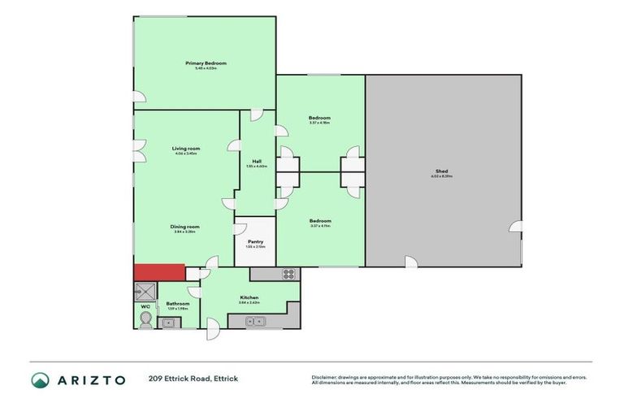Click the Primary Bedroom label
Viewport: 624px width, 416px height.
click(205, 63)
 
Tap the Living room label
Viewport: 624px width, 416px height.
click(185, 149)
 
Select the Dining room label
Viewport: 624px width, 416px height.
click(185, 227)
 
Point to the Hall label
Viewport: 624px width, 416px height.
click(256, 161)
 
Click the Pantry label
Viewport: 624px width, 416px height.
click(254, 241)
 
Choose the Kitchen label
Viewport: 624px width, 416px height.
click(249, 297)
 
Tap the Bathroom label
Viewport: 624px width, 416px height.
click(178, 303)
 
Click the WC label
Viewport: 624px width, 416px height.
click(145, 306)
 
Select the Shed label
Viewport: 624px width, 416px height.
click(442, 171)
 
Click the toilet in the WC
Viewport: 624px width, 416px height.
click(145, 320)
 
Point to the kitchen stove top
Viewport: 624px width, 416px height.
click(288, 274)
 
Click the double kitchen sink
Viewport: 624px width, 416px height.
click(257, 322)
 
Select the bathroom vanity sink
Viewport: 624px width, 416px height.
click(168, 323)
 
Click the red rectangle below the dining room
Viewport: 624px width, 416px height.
click(159, 274)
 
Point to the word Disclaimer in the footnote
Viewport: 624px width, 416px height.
click(324, 377)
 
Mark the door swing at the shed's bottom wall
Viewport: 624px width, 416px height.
click(411, 262)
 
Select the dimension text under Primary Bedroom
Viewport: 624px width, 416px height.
click(205, 69)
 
